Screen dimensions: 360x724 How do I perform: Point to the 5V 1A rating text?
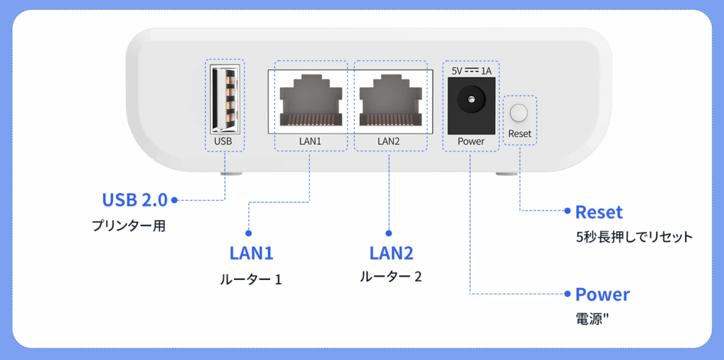(x=471, y=71)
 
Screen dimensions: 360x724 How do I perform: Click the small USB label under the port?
(x=223, y=141)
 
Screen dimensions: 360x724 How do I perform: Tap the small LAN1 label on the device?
(x=310, y=141)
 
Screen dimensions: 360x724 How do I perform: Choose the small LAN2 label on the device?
(x=389, y=141)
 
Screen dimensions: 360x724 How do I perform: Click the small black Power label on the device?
(x=471, y=141)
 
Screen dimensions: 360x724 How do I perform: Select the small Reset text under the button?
(x=520, y=134)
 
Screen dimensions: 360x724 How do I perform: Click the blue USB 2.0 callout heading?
(x=134, y=200)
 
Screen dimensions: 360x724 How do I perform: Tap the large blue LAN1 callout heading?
(x=251, y=252)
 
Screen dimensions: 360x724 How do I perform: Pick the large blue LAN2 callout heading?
(x=391, y=252)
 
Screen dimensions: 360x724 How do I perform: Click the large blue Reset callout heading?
(x=599, y=212)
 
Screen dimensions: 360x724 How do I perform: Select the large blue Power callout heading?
(x=602, y=294)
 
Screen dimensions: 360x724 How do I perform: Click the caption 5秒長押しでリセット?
(x=633, y=237)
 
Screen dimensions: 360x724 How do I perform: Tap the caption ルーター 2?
(x=391, y=277)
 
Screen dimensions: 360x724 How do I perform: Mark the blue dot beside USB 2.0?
(x=174, y=200)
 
